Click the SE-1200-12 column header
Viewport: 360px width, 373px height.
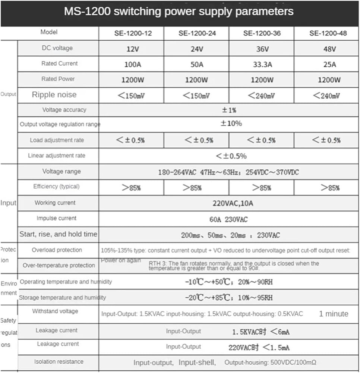pyautogui.click(x=133, y=33)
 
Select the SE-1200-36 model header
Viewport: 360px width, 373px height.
pyautogui.click(x=262, y=33)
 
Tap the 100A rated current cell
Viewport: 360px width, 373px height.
pyautogui.click(x=133, y=64)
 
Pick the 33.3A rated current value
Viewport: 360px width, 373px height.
pyautogui.click(x=262, y=64)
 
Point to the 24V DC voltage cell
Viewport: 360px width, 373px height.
pyautogui.click(x=197, y=49)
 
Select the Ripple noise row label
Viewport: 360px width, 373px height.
pyautogui.click(x=54, y=95)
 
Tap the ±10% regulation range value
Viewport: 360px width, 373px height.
pyautogui.click(x=231, y=123)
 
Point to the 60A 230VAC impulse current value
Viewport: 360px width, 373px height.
pyautogui.click(x=228, y=219)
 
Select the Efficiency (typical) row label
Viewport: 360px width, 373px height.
pyautogui.click(x=56, y=186)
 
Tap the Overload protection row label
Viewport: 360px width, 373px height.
pyautogui.click(x=57, y=250)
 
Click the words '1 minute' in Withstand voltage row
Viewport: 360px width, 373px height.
pyautogui.click(x=334, y=314)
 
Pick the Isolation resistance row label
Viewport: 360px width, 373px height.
pyautogui.click(x=59, y=361)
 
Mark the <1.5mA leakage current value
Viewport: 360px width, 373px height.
pyautogui.click(x=276, y=348)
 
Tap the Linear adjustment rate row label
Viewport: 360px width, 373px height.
pyautogui.click(x=57, y=156)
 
